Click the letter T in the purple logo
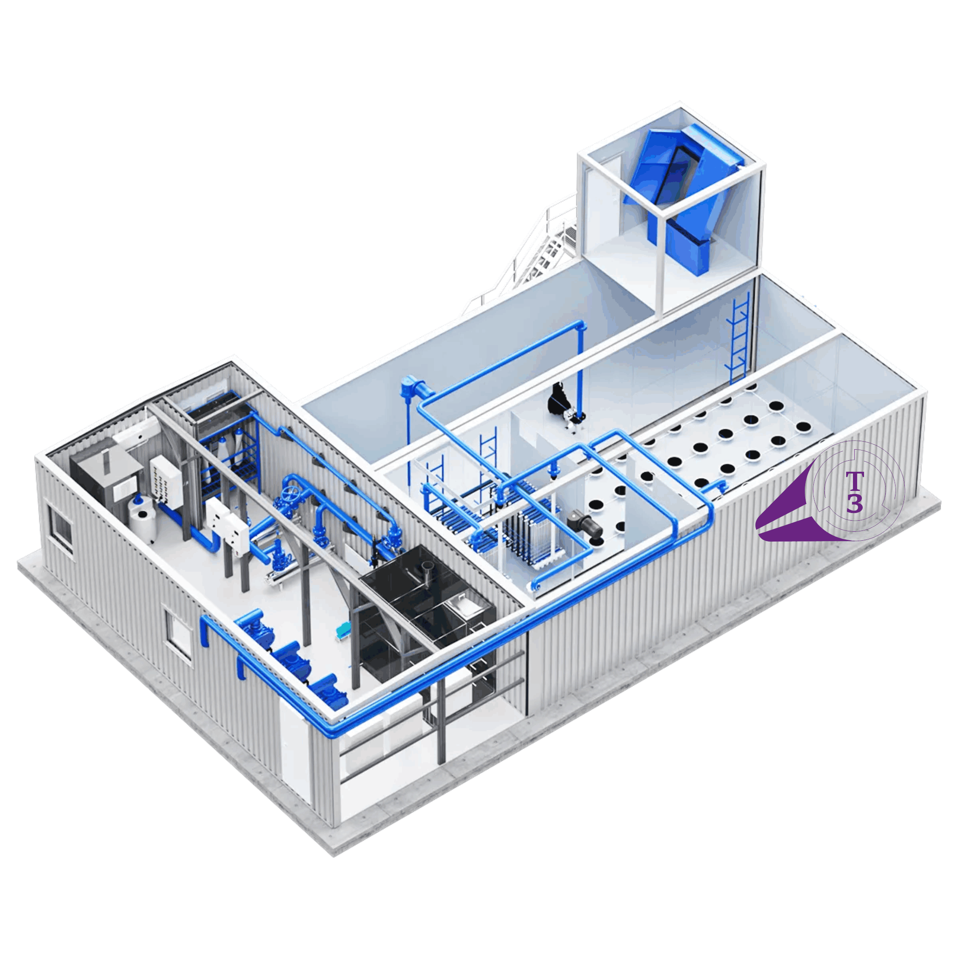[x=854, y=482]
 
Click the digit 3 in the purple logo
[x=854, y=503]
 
